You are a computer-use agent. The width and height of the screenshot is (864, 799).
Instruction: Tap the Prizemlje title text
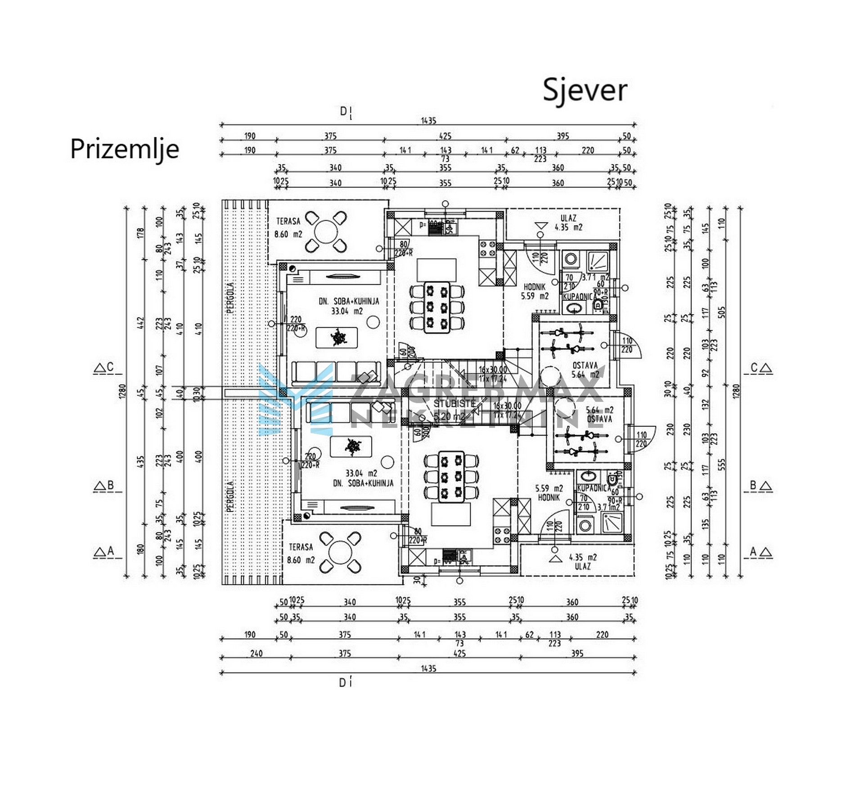click(x=125, y=149)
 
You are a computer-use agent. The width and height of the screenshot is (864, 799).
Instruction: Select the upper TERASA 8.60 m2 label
click(x=288, y=228)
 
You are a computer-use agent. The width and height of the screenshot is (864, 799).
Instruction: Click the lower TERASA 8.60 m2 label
click(x=301, y=554)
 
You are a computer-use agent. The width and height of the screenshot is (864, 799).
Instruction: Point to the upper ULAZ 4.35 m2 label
click(x=568, y=223)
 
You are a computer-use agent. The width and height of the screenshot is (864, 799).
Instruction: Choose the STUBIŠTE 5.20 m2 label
click(x=454, y=409)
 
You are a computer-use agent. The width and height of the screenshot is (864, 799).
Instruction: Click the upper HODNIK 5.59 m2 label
click(x=535, y=291)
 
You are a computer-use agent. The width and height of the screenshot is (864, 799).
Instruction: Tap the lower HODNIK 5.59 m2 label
click(x=549, y=493)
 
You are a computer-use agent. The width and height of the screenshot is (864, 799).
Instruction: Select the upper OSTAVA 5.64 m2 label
click(x=585, y=370)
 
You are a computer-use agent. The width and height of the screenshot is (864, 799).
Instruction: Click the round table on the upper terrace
click(x=326, y=233)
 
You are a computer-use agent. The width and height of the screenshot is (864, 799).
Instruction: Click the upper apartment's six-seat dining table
click(x=437, y=307)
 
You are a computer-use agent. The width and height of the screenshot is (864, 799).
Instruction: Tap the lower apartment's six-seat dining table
click(x=451, y=477)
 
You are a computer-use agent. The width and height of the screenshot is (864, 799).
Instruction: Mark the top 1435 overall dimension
click(x=428, y=121)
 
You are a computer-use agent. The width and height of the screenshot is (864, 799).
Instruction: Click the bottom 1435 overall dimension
click(x=428, y=669)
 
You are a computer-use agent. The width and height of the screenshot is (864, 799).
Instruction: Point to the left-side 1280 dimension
click(x=122, y=391)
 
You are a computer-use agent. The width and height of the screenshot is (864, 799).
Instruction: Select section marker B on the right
click(x=758, y=486)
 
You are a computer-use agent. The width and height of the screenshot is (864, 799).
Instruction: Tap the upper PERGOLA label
click(x=230, y=298)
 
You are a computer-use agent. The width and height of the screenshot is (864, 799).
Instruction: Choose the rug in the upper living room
click(x=337, y=337)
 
